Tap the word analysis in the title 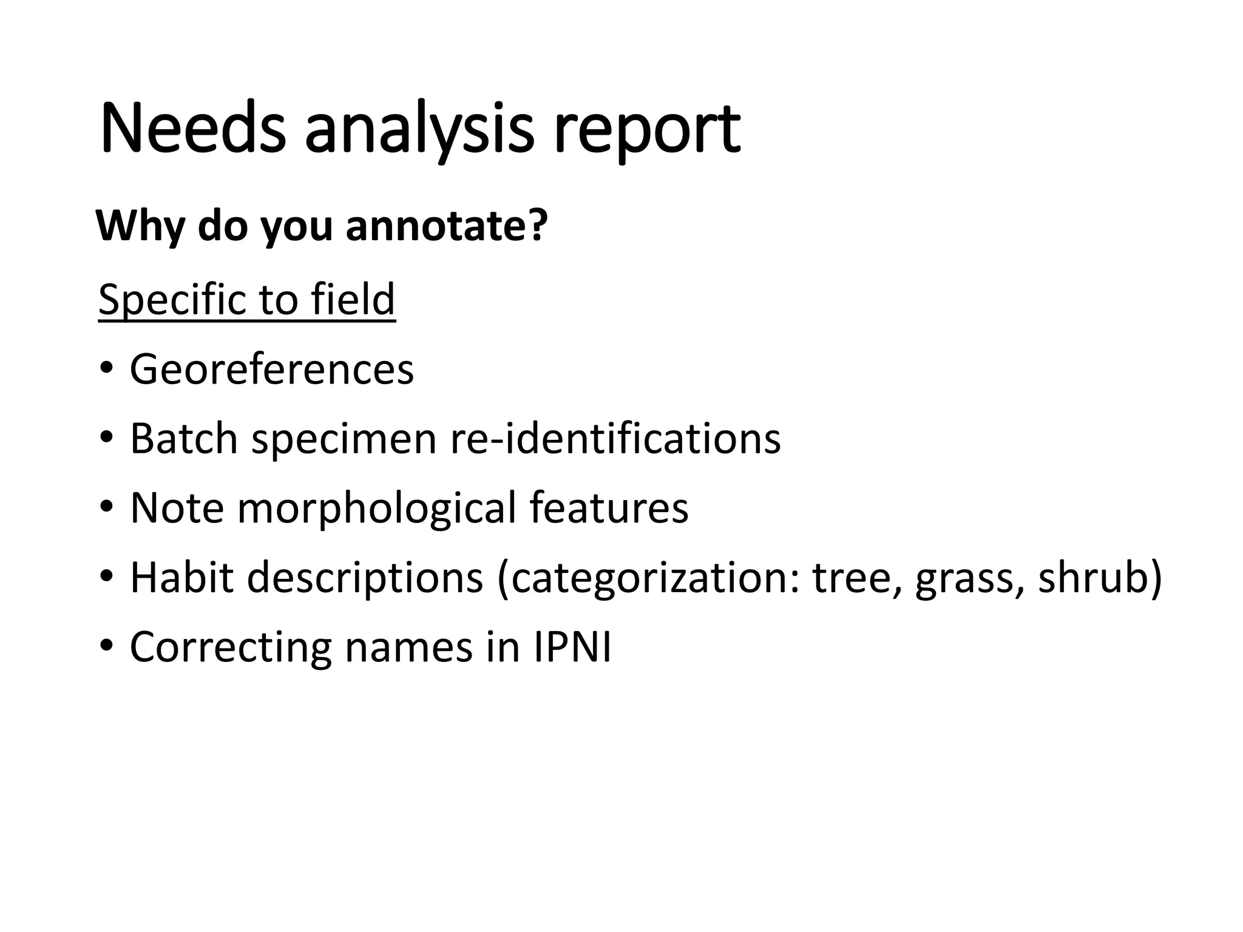coord(419,129)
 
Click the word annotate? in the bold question coord(447,225)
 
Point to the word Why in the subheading coord(142,225)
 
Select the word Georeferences coord(271,369)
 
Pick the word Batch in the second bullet coord(183,438)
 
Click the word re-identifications coord(615,438)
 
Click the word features coord(609,507)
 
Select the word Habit coord(181,577)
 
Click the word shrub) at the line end coord(1100,577)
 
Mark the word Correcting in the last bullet coord(231,647)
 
